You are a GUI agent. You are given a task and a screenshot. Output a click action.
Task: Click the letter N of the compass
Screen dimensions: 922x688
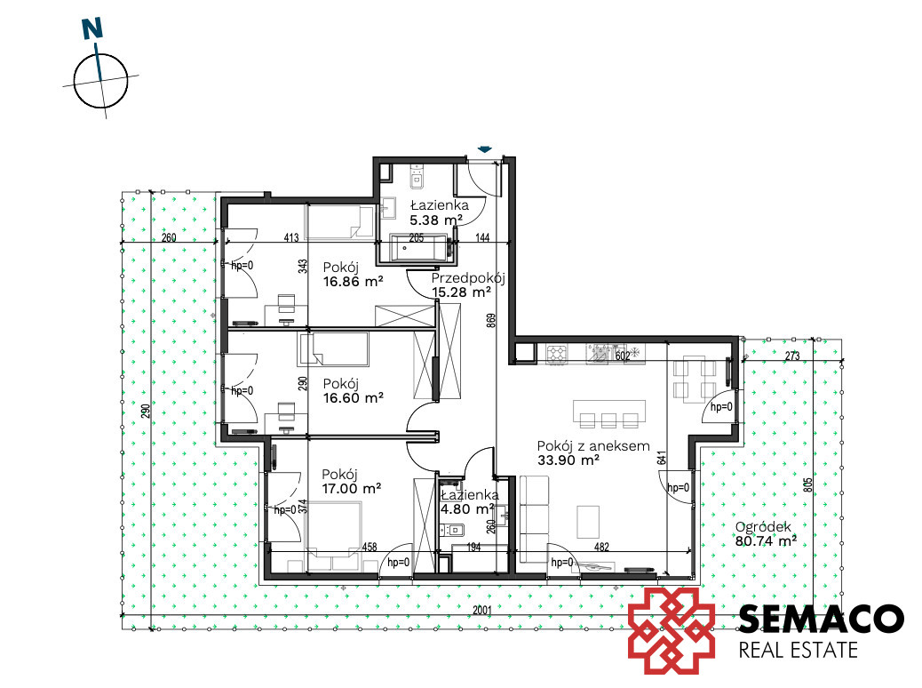pos(92,28)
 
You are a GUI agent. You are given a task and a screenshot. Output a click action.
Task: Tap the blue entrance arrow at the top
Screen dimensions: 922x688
pos(484,149)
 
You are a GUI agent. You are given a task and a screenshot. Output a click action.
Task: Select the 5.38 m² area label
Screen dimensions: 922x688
pos(436,220)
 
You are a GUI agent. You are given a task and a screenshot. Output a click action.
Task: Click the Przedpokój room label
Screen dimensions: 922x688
pos(468,278)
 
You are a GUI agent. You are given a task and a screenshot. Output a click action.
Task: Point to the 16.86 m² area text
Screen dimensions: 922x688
pos(353,281)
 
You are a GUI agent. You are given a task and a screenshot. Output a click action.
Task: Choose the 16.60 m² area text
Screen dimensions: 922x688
pos(353,398)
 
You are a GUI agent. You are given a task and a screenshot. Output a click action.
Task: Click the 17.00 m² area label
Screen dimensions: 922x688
pos(351,489)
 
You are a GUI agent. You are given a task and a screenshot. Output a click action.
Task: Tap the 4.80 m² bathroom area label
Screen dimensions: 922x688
pos(467,509)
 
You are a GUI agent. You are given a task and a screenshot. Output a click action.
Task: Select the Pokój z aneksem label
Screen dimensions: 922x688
pos(593,446)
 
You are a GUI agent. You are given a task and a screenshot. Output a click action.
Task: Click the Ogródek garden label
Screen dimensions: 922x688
pos(763,527)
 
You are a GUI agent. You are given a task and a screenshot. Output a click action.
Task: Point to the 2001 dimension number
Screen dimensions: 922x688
pos(481,611)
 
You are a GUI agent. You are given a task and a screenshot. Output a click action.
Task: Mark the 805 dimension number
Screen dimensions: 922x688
pos(808,484)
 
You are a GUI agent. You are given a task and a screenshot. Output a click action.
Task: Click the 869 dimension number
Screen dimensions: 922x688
pos(491,320)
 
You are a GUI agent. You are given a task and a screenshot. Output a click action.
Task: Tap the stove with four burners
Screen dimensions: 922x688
pos(557,353)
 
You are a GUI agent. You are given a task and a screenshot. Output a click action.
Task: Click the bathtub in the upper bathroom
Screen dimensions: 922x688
pos(420,248)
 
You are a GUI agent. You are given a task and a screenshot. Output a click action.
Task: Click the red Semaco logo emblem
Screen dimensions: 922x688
pos(672,630)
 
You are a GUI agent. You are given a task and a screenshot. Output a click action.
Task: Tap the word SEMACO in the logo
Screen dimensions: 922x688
pos(821,620)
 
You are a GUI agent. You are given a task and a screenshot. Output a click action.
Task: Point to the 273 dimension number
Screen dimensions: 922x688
pos(792,356)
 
